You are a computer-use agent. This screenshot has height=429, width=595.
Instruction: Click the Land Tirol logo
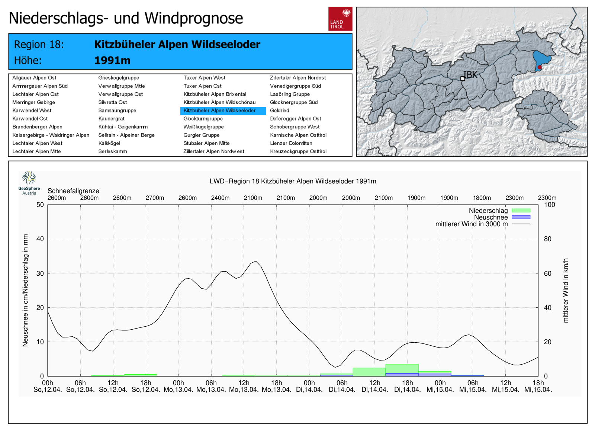click(x=340, y=19)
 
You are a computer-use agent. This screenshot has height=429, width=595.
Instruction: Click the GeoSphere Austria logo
click(x=29, y=183)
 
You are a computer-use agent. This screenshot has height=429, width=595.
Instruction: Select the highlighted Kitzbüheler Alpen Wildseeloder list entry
click(x=223, y=111)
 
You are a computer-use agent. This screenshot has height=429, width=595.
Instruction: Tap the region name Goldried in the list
click(x=280, y=111)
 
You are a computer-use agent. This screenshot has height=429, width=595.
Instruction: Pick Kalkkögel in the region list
click(x=109, y=143)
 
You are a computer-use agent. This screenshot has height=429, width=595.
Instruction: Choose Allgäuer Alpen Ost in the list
click(x=34, y=78)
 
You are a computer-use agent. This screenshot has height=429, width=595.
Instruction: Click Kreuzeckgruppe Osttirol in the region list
click(x=298, y=151)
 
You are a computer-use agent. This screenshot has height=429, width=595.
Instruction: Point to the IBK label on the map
click(x=471, y=75)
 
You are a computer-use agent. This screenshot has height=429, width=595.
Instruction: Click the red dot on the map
click(x=540, y=67)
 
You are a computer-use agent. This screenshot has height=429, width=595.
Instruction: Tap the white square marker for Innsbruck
click(x=463, y=79)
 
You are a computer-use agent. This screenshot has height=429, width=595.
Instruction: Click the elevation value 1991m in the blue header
click(x=112, y=60)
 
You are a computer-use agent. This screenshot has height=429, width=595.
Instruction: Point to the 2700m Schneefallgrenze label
click(x=155, y=198)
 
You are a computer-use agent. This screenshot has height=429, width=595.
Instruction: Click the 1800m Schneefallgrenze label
click(x=482, y=198)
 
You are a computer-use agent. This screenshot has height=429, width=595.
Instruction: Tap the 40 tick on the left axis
click(x=40, y=239)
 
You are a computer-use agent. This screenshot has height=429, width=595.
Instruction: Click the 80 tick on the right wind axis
click(x=547, y=239)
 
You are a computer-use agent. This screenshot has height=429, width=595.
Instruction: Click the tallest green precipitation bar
click(x=402, y=369)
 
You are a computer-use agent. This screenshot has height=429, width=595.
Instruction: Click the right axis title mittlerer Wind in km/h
click(x=566, y=290)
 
